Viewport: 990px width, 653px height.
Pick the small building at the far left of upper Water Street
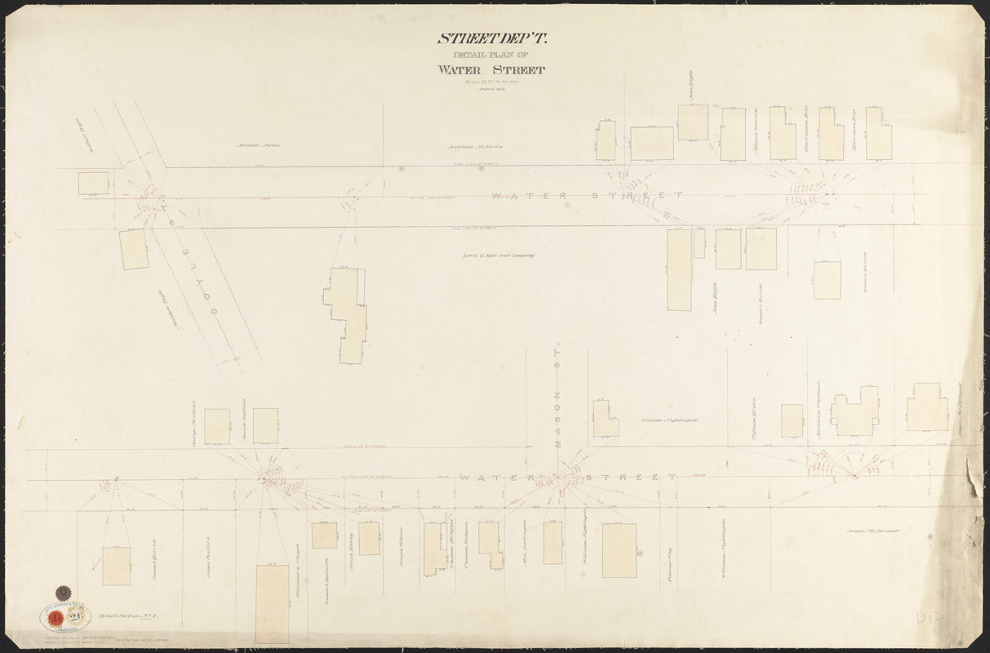tap(92, 183)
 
